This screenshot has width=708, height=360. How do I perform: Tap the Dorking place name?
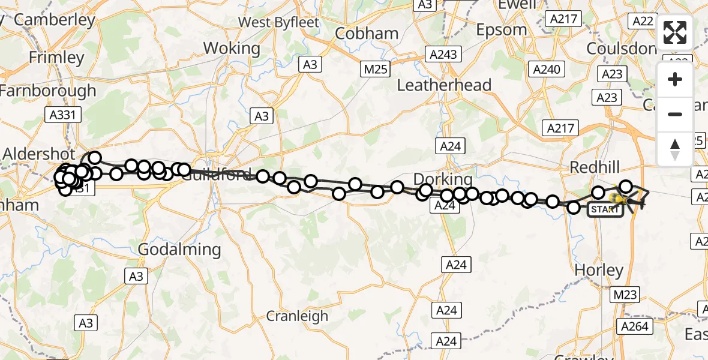[443, 179]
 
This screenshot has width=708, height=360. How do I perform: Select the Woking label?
[232, 48]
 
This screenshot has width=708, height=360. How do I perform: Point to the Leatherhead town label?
[444, 85]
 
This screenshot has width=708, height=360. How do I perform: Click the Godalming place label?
[179, 249]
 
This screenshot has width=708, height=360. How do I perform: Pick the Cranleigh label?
[298, 316]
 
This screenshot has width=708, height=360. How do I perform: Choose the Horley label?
[599, 270]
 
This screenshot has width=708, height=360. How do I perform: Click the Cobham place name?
[367, 34]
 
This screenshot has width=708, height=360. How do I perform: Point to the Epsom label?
[501, 29]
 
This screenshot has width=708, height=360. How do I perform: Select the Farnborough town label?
[48, 91]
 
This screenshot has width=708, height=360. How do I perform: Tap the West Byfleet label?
[277, 22]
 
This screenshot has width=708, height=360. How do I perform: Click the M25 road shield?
[376, 69]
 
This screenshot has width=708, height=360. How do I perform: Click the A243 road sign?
[443, 55]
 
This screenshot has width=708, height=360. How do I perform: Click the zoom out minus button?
[675, 114]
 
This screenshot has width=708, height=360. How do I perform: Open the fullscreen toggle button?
[675, 32]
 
